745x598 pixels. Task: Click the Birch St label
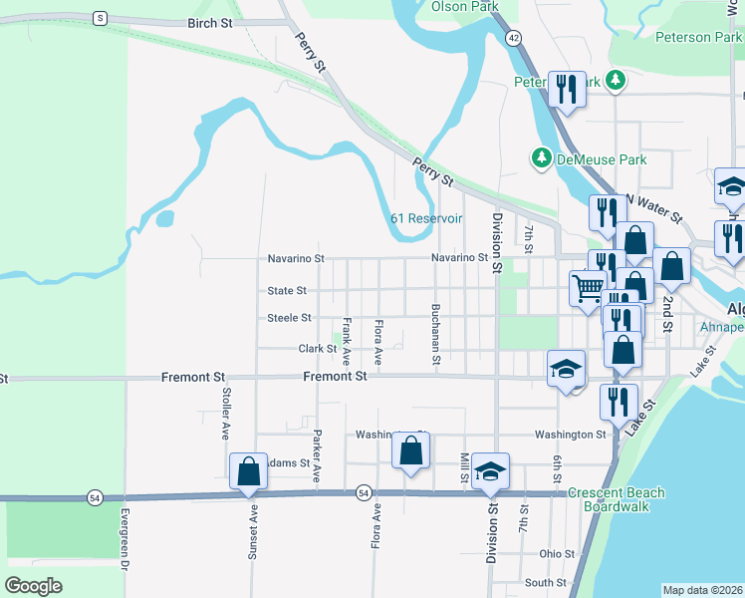(x=209, y=22)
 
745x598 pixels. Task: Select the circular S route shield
(x=100, y=18)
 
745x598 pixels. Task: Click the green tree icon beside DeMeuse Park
(x=542, y=157)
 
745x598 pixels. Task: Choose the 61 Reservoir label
(x=426, y=218)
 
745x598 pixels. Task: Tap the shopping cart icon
(x=588, y=287)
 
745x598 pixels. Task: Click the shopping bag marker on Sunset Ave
(x=248, y=470)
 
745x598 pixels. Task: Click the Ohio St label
(x=558, y=554)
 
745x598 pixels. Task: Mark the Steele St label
(x=289, y=318)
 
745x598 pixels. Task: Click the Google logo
(x=33, y=585)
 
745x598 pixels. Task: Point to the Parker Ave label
(x=317, y=455)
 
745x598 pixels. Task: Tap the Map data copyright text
(x=702, y=590)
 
